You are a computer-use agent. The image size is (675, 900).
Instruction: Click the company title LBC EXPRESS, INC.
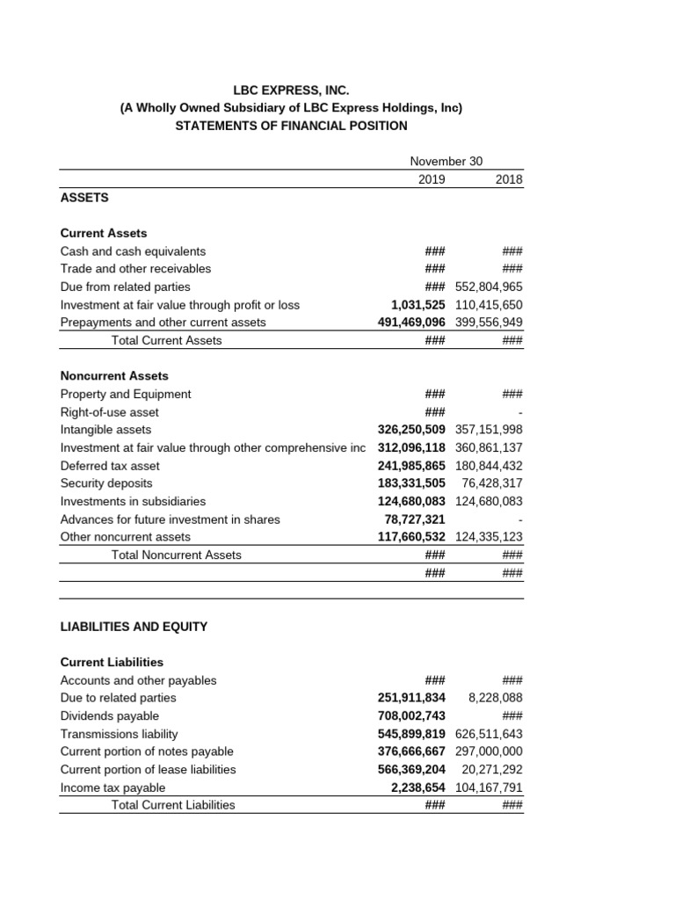click(291, 90)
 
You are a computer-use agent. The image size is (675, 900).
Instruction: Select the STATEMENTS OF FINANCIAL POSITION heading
click(291, 126)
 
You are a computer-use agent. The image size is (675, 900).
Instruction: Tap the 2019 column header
click(432, 179)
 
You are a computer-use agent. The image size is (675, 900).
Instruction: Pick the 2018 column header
click(508, 179)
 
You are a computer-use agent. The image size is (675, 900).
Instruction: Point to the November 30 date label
click(446, 162)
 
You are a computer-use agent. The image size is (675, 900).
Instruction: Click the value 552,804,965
click(489, 287)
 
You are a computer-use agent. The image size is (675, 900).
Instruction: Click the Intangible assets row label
click(105, 430)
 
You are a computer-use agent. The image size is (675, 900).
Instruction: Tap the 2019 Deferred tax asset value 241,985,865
click(411, 465)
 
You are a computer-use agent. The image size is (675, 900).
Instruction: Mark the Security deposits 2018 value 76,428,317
click(492, 483)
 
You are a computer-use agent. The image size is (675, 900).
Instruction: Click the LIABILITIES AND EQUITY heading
click(134, 627)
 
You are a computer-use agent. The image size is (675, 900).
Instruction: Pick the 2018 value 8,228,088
click(496, 698)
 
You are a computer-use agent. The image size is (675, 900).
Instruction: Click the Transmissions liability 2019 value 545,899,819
click(411, 733)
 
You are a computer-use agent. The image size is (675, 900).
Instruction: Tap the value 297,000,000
click(489, 751)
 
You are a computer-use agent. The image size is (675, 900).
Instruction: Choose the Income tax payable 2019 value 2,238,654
click(418, 787)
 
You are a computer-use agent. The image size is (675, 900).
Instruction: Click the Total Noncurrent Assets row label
click(177, 555)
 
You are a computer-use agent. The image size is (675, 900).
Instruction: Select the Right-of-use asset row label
click(110, 411)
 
